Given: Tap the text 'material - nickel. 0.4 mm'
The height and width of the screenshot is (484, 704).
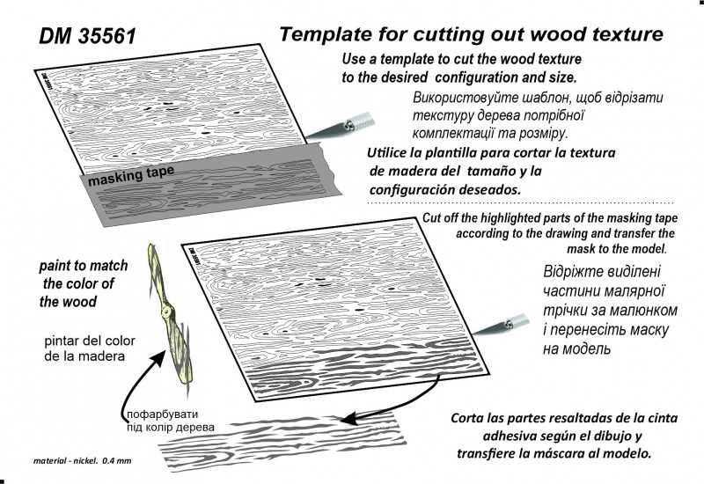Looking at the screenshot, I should click(x=81, y=460).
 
